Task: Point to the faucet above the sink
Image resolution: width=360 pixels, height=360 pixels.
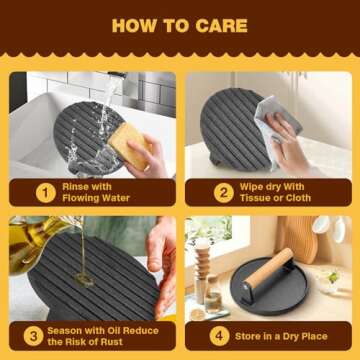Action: (115, 77)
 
